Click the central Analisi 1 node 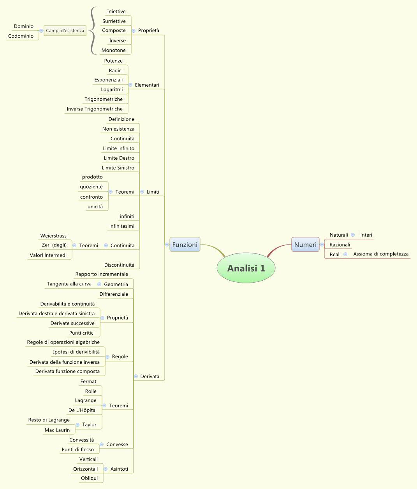point(246,268)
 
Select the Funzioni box point(185,245)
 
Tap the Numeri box point(305,245)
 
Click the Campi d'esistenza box point(65,31)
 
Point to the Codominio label point(21,36)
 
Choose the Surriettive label point(114,21)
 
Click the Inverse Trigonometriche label point(95,109)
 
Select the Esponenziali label point(109,80)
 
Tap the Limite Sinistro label point(118,168)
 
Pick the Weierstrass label point(53,236)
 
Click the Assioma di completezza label point(381,254)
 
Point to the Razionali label point(340,245)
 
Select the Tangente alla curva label point(69,284)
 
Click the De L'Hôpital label point(83,410)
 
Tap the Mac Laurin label point(57,430)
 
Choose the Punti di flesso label point(78,450)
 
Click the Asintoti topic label point(119,469)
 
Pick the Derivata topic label point(150,377)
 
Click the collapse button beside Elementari point(130,85)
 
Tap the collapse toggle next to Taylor point(78,425)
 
